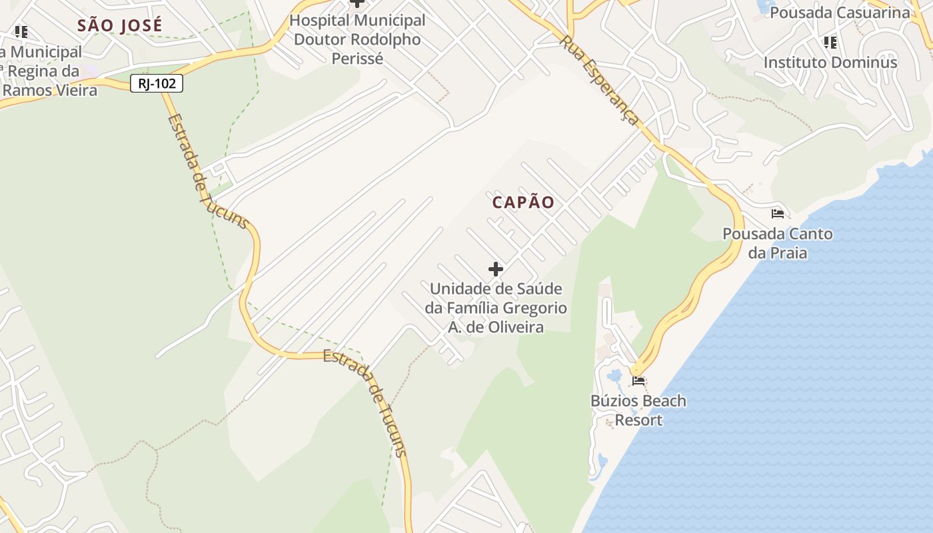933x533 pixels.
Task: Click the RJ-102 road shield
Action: [157, 83]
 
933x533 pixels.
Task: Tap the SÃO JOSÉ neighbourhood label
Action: [119, 26]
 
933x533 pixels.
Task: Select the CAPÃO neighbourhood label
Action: [523, 203]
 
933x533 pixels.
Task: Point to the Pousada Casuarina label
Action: [839, 13]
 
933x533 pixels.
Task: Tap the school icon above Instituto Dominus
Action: [830, 43]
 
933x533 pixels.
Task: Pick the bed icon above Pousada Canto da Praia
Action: [777, 214]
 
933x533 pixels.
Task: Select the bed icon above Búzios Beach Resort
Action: [638, 381]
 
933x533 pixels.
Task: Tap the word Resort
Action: [638, 420]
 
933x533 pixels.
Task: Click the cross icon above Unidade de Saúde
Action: [495, 269]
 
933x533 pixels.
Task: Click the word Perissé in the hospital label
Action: [357, 59]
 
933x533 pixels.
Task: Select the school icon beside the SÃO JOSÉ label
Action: [21, 31]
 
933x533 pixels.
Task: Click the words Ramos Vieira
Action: [50, 90]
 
